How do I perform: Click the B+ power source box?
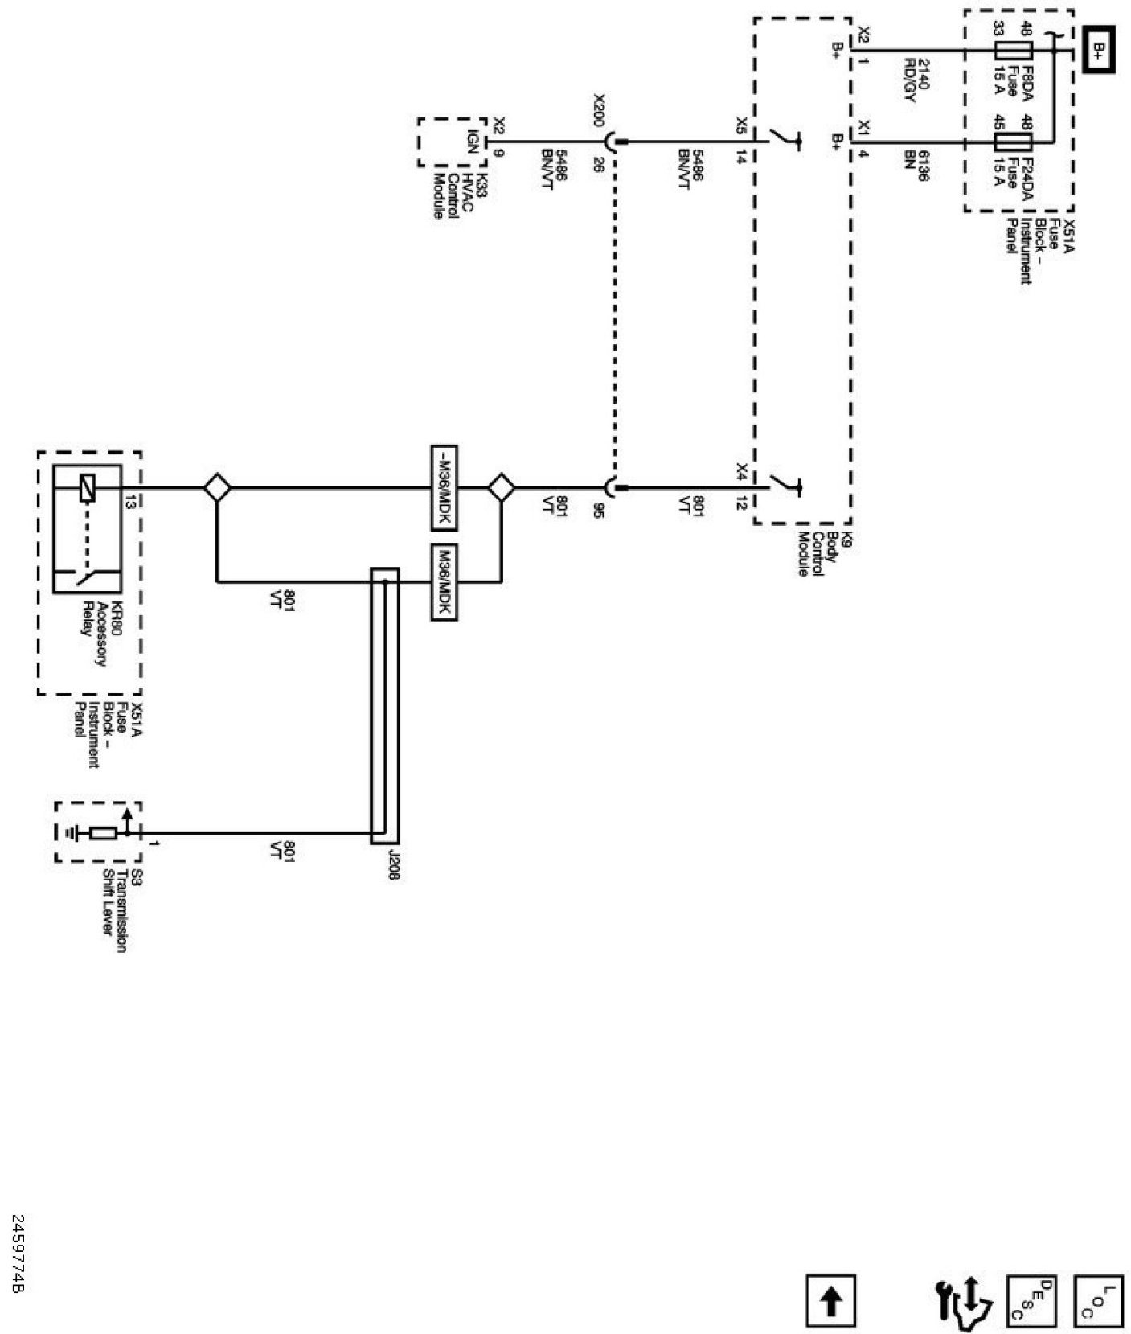[1098, 51]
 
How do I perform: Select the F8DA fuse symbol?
[1013, 51]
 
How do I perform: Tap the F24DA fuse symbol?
[1013, 143]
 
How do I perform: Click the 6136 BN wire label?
[917, 165]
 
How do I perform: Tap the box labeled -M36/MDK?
[444, 488]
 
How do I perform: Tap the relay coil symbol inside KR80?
[88, 488]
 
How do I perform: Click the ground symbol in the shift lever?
[74, 833]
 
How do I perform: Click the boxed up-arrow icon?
[831, 1301]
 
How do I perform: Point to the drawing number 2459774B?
[18, 1266]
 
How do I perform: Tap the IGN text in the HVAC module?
[473, 142]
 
